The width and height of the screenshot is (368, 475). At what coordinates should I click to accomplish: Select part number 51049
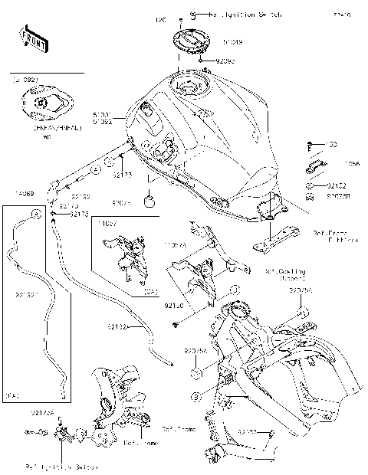(x=233, y=43)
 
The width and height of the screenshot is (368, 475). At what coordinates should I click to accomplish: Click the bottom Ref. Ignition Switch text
(x=58, y=465)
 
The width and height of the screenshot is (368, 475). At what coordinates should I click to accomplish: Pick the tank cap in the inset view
(x=43, y=102)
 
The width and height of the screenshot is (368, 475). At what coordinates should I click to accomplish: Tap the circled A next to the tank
(x=96, y=168)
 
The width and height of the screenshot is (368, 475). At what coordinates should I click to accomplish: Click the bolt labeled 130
(x=310, y=145)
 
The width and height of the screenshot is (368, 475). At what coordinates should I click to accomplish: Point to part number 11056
(x=353, y=164)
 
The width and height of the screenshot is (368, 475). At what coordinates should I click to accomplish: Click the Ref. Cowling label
(x=285, y=274)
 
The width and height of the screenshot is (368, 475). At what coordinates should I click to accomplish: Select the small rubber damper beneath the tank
(x=150, y=201)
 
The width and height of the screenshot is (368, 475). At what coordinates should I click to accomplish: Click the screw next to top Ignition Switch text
(x=192, y=15)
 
